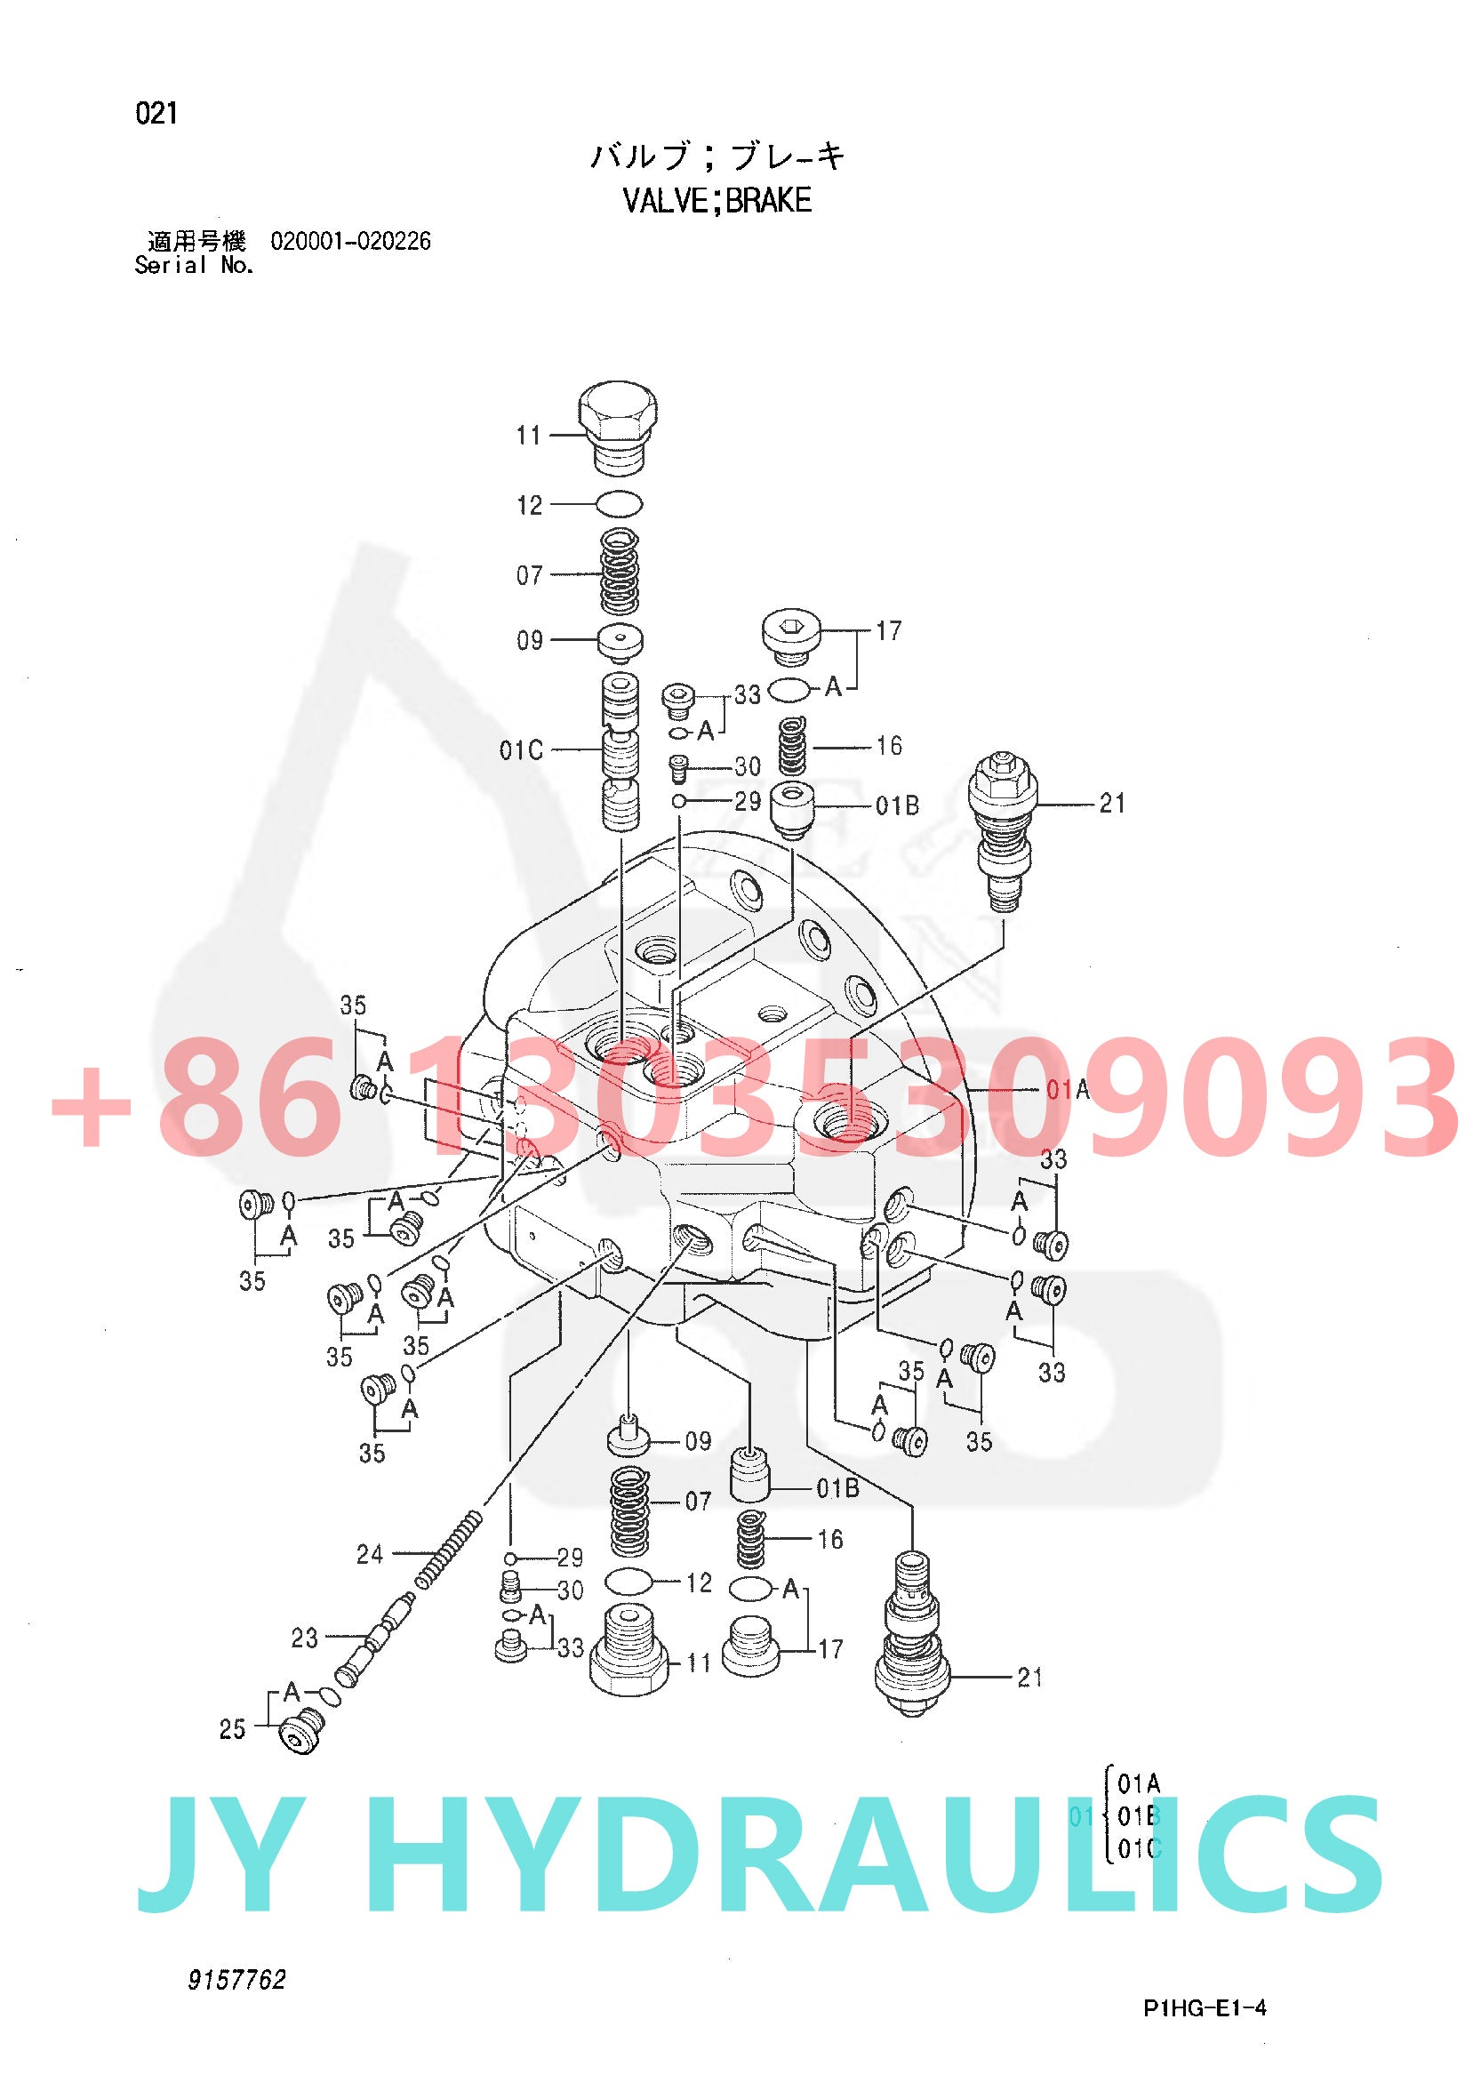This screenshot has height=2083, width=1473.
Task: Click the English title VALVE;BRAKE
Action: [716, 200]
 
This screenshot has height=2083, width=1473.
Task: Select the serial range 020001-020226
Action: [351, 241]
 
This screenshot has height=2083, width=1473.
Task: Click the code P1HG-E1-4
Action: [1204, 2007]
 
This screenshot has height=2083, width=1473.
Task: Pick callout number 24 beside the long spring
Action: [370, 1554]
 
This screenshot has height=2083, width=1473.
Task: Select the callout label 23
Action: [305, 1638]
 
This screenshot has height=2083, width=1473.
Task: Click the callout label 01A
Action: [1068, 1089]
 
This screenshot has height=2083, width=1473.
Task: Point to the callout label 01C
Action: [522, 750]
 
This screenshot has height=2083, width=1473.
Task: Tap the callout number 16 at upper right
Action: [889, 746]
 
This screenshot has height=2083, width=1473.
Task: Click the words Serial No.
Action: [194, 266]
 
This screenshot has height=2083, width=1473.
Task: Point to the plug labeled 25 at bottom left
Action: [301, 1730]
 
